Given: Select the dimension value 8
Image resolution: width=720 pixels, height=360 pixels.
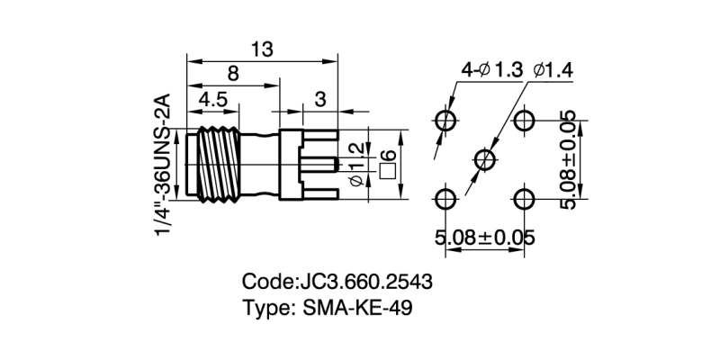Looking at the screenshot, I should [x=233, y=75].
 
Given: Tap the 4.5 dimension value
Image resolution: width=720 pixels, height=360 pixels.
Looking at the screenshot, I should [x=213, y=100].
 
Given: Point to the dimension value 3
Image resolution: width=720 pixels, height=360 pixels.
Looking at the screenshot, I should [x=319, y=100].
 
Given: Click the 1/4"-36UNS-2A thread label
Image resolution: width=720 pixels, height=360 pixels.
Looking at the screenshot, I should [x=164, y=164].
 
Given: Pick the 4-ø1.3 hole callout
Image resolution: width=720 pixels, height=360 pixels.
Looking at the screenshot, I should [x=491, y=70].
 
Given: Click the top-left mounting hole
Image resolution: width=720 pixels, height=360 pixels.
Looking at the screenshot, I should [x=445, y=120].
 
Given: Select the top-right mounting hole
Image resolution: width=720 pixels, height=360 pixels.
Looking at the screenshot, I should [x=526, y=120].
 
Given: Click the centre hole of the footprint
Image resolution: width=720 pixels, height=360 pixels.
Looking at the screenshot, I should [x=486, y=160].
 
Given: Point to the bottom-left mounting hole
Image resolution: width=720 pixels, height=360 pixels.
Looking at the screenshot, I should [x=445, y=200].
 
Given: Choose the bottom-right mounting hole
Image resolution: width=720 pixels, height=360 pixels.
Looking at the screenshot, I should [x=526, y=200].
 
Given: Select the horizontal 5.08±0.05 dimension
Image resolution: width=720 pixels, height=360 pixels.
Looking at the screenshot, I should [x=485, y=238].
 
